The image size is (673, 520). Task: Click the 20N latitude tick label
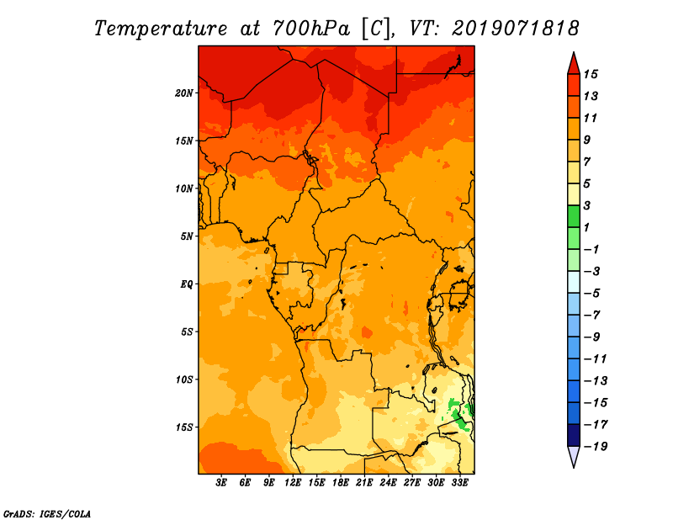coord(185,93)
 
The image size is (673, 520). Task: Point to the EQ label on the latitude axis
coord(187,284)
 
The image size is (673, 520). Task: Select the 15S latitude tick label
coord(185,427)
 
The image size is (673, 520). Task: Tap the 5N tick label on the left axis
coord(188,236)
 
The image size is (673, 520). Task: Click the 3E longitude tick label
coord(222,483)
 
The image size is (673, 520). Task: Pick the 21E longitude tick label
coord(364,483)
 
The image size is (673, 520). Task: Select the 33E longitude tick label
coord(459,483)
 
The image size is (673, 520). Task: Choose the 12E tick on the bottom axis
coord(293,483)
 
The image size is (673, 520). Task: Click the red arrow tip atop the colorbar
coord(573,62)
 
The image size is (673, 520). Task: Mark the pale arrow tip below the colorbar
coord(573,457)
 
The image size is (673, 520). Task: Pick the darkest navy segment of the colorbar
coord(573,435)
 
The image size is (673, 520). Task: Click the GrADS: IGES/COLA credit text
coord(46,512)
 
